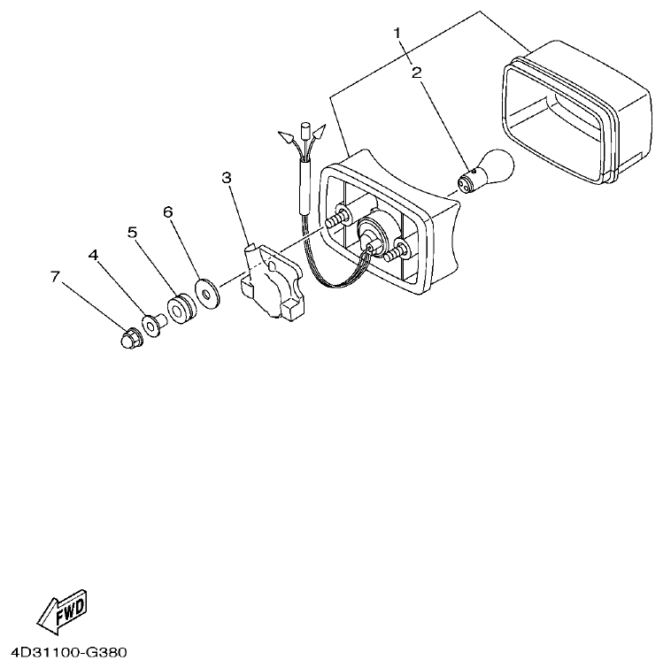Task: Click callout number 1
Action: (x=398, y=34)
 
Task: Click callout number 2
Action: (x=416, y=73)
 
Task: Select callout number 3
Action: (x=227, y=179)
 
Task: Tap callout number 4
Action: (x=93, y=255)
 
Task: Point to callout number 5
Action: (x=132, y=233)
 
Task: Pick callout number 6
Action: (x=167, y=212)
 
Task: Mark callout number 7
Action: (x=55, y=277)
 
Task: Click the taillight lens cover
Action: (x=567, y=111)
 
